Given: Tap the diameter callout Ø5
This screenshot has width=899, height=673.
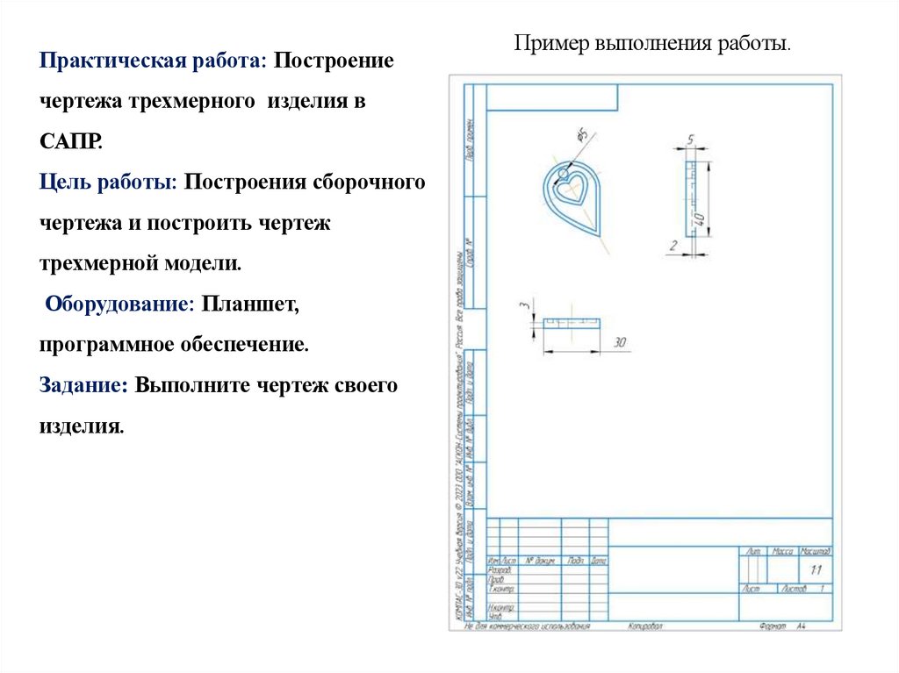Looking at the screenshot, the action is point(581,134).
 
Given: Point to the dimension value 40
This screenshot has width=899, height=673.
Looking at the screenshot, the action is point(700,219).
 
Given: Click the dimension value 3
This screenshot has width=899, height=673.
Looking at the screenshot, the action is point(524,305).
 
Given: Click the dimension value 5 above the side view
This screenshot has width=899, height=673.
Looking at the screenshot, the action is point(691,140).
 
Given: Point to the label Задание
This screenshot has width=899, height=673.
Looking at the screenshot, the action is point(84,385).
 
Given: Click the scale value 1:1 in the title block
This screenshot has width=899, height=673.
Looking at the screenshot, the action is point(816,569).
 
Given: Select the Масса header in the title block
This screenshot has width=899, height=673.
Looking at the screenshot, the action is point(781,551).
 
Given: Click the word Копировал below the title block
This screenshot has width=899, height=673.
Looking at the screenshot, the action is point(645,626).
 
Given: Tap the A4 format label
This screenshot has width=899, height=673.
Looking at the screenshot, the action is point(801,626).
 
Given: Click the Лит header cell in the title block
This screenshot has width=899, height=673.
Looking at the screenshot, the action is point(752,551).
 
